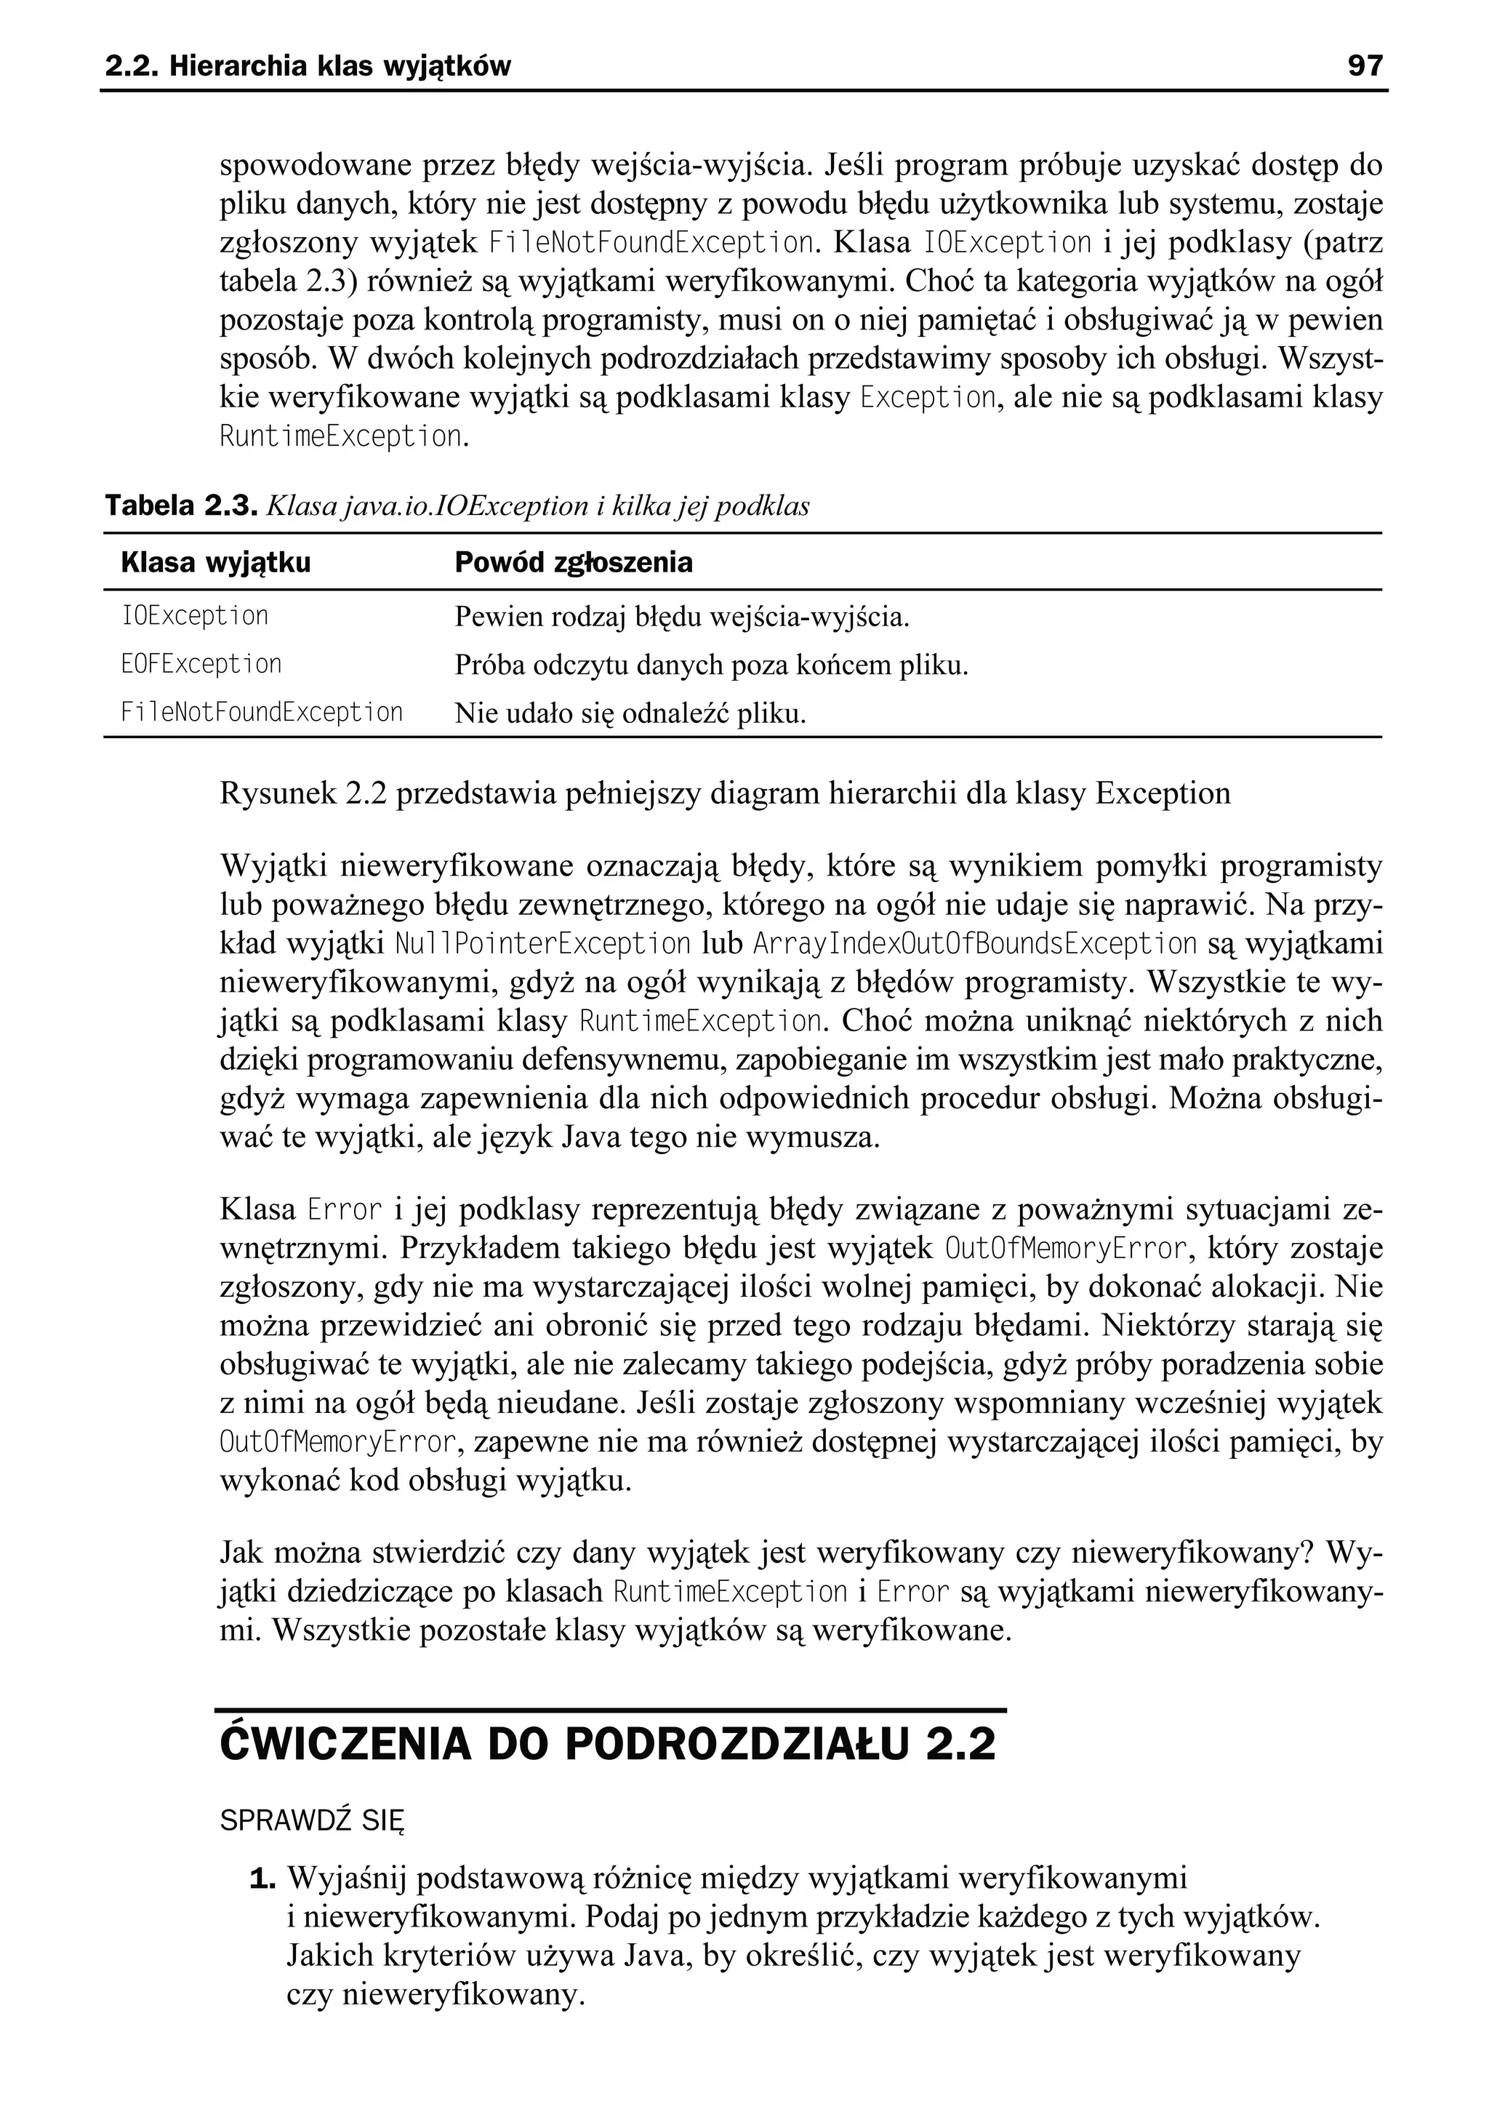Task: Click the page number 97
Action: click(x=1364, y=66)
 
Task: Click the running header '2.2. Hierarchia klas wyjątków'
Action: click(x=308, y=66)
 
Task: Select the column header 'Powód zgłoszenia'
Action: click(x=573, y=562)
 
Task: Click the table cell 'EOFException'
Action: click(x=201, y=664)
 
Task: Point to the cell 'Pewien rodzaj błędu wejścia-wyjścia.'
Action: click(x=681, y=617)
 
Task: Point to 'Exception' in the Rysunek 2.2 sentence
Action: click(x=1163, y=793)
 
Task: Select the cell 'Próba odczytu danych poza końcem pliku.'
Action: click(x=712, y=666)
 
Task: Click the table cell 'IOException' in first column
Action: click(x=194, y=615)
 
